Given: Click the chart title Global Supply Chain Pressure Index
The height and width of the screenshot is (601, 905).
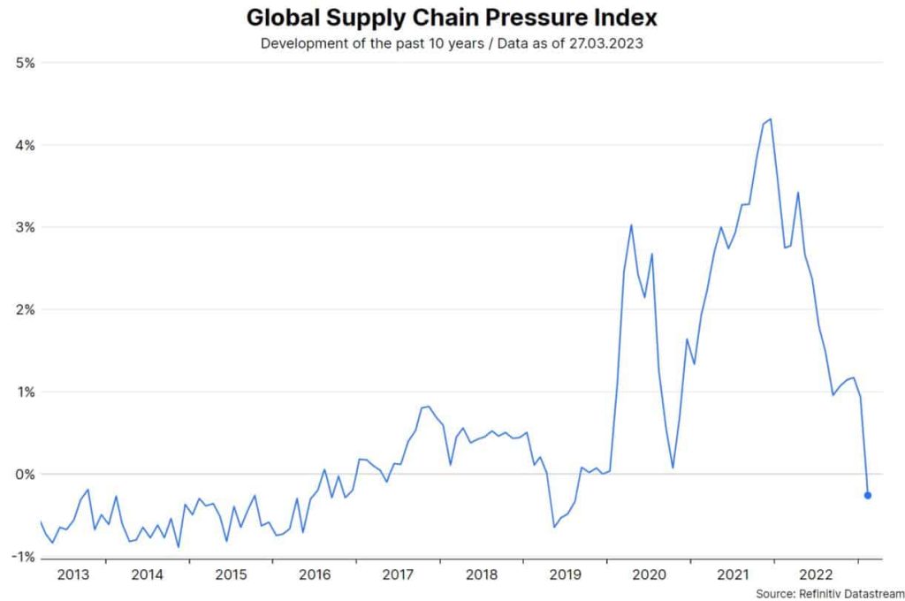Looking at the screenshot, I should (452, 18).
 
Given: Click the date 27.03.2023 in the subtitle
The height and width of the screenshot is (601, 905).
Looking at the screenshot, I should (610, 43).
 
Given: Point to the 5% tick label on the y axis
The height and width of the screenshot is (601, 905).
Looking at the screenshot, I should (24, 63).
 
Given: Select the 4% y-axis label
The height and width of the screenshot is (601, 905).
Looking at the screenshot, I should (24, 145).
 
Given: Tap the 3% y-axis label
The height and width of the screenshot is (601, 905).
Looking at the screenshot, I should (24, 227).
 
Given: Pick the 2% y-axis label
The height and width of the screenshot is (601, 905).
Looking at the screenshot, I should (24, 309).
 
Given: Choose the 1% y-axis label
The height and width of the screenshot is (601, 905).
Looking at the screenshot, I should (24, 392).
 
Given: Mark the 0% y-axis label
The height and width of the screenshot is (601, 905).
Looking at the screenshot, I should (24, 475).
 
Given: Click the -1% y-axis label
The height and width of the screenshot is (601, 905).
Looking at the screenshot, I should (22, 557).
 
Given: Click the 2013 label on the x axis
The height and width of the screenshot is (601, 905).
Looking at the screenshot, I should (73, 574).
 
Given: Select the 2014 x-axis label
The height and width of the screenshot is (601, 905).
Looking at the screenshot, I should (147, 574).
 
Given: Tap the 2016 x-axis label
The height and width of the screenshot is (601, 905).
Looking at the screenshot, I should (315, 574).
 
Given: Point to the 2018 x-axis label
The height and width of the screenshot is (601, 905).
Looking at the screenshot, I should (482, 574).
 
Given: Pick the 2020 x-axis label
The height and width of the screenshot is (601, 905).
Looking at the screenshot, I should (649, 574).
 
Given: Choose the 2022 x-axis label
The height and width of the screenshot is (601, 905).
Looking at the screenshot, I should (816, 574).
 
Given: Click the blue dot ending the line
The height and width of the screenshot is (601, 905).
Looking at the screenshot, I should (868, 496).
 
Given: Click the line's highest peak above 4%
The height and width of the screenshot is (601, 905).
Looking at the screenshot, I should (771, 118).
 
